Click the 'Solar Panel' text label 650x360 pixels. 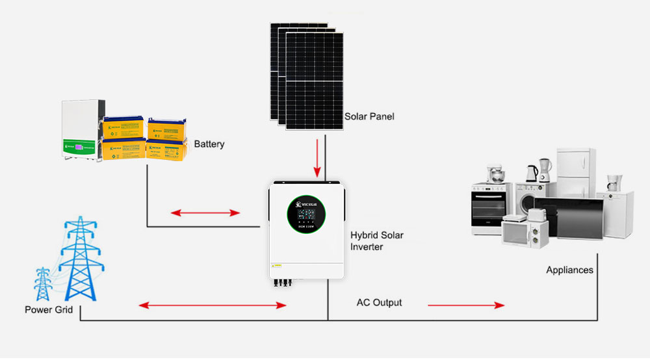(x=369, y=117)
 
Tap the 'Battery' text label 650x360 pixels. (x=209, y=144)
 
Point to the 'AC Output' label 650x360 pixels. (x=379, y=303)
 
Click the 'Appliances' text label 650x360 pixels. (x=569, y=270)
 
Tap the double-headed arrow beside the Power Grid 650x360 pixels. (x=213, y=305)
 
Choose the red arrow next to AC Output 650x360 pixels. (x=465, y=305)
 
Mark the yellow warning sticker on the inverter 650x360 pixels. (x=276, y=266)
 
